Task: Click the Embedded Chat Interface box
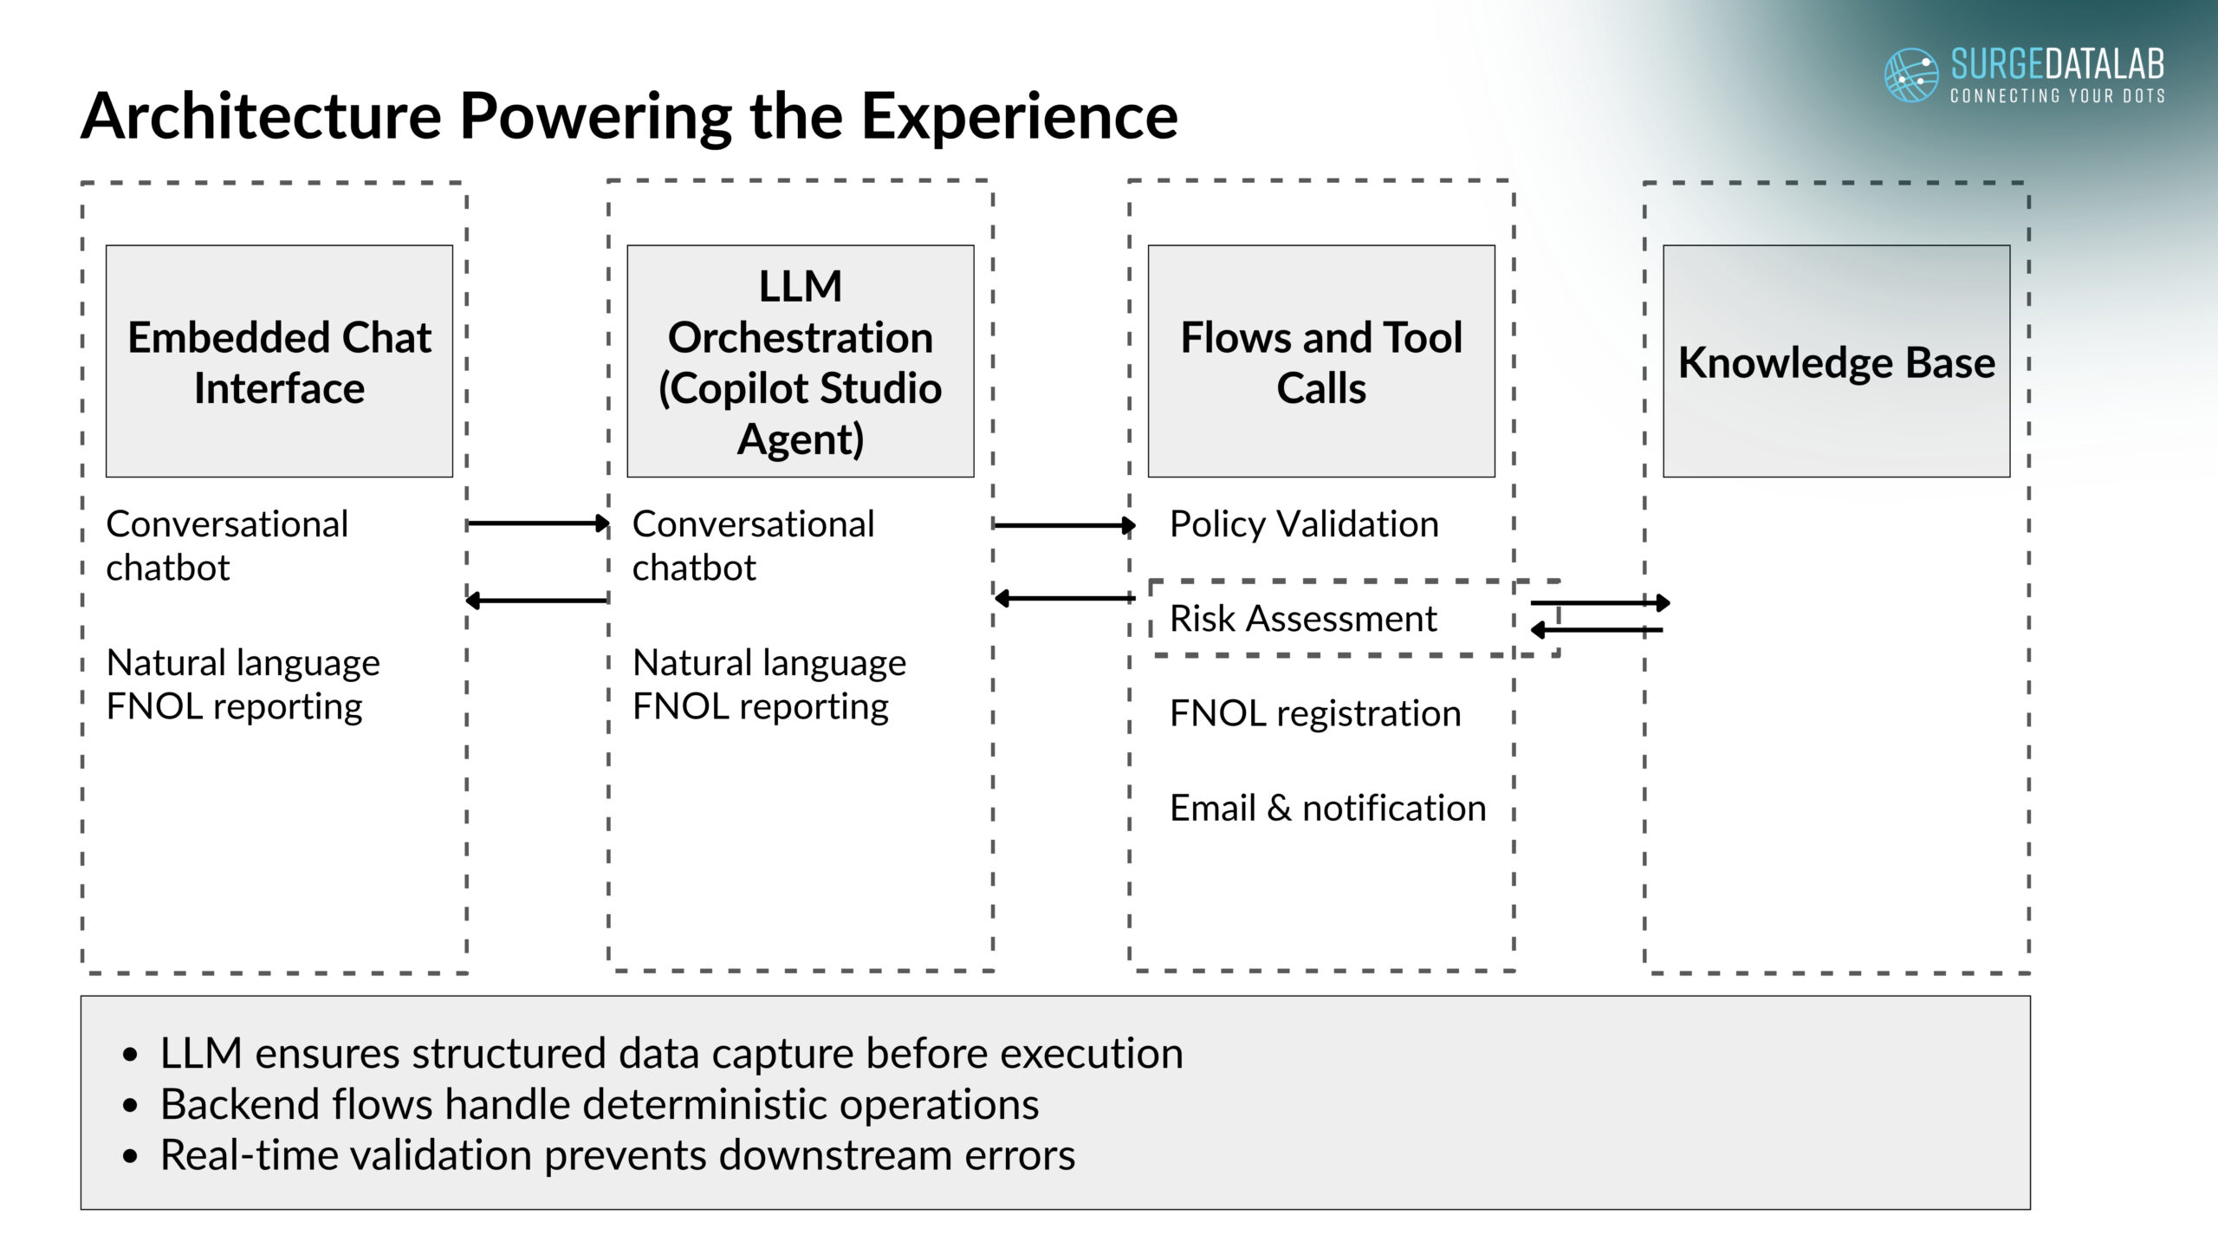tap(279, 361)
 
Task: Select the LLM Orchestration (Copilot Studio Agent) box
tap(800, 361)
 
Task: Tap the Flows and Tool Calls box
tap(1321, 361)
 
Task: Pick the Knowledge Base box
tap(1836, 361)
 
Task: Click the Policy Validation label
tap(1304, 524)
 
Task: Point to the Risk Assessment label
tap(1303, 619)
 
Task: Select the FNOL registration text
tap(1315, 713)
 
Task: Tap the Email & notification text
tap(1327, 808)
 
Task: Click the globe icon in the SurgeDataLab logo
tap(1911, 75)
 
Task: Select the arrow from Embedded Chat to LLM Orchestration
tap(537, 523)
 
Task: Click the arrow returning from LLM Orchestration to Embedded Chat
tap(537, 600)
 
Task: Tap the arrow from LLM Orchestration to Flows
tap(1064, 524)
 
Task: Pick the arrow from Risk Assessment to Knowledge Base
tap(1599, 602)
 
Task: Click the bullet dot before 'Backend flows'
tap(131, 1105)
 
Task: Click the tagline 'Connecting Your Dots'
tap(2057, 95)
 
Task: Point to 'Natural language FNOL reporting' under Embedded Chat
tap(243, 685)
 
